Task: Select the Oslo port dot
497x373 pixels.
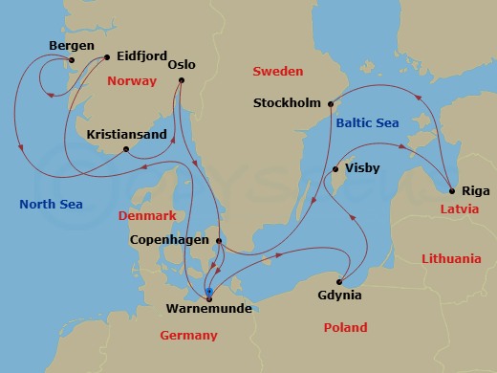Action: [x=180, y=82]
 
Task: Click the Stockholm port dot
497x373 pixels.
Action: [x=330, y=103]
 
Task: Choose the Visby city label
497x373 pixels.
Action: [x=361, y=169]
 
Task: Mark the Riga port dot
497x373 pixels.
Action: [x=450, y=190]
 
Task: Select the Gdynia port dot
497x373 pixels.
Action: [x=342, y=276]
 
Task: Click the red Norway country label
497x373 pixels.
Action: [x=132, y=81]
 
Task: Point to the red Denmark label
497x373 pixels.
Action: [x=147, y=215]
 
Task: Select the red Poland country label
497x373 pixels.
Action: [x=345, y=327]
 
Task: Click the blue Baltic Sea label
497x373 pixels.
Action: [x=366, y=122]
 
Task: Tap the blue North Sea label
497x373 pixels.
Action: [x=51, y=204]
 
